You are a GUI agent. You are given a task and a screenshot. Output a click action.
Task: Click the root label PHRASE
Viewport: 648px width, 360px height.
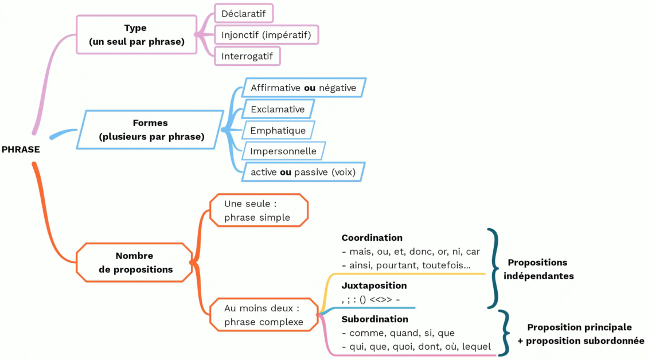[x=21, y=150]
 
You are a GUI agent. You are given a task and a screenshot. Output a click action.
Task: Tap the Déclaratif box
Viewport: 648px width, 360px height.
[x=244, y=13]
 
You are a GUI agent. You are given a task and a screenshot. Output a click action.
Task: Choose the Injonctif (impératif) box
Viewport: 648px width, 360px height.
[x=266, y=35]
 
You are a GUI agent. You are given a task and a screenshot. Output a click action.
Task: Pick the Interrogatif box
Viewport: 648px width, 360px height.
[x=247, y=56]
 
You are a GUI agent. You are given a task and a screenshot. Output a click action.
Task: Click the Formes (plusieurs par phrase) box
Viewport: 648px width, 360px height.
[x=151, y=130]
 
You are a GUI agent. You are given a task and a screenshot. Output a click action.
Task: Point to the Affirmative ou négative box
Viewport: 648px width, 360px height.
[x=303, y=88]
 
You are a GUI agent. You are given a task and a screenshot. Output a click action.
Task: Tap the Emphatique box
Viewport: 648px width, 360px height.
[x=278, y=130]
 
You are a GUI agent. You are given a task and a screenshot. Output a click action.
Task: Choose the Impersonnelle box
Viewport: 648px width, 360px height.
[x=283, y=151]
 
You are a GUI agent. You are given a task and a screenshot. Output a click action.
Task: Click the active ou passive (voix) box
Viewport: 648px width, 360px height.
[x=303, y=172]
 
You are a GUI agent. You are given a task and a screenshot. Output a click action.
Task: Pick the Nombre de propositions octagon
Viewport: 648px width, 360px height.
[x=135, y=263]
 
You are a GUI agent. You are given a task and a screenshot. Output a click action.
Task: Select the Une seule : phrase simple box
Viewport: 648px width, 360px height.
[x=258, y=210]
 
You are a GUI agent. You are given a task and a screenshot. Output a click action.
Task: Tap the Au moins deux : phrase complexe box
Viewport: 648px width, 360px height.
[x=264, y=315]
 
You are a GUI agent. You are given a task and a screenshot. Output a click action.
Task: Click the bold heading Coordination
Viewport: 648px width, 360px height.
[x=372, y=238]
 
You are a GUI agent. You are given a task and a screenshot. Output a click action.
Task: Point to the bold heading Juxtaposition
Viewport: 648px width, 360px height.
[x=374, y=285]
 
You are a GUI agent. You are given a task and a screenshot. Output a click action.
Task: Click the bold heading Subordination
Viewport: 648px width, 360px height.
[x=374, y=319]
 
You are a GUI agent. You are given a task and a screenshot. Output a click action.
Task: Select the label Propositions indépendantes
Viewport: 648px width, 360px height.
[x=538, y=269]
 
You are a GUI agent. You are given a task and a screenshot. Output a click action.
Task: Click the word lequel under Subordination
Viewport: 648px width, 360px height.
[x=477, y=346]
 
